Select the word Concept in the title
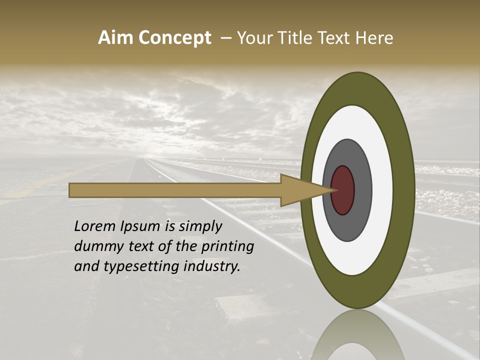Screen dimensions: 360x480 pyautogui.click(x=174, y=38)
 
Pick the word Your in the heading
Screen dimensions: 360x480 pyautogui.click(x=253, y=38)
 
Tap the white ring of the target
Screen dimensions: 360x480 pyautogui.click(x=382, y=190)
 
